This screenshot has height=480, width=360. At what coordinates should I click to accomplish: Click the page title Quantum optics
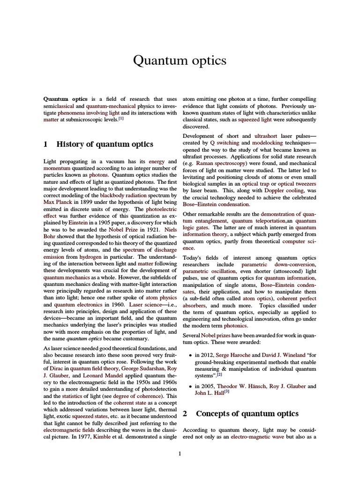[x=180, y=61]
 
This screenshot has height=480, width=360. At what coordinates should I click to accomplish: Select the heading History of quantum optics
[x=105, y=144]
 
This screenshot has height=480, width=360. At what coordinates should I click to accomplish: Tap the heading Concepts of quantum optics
[x=247, y=414]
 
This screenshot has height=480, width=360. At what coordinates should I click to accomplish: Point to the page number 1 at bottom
[x=180, y=453]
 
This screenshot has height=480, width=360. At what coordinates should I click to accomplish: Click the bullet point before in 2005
[x=189, y=386]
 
